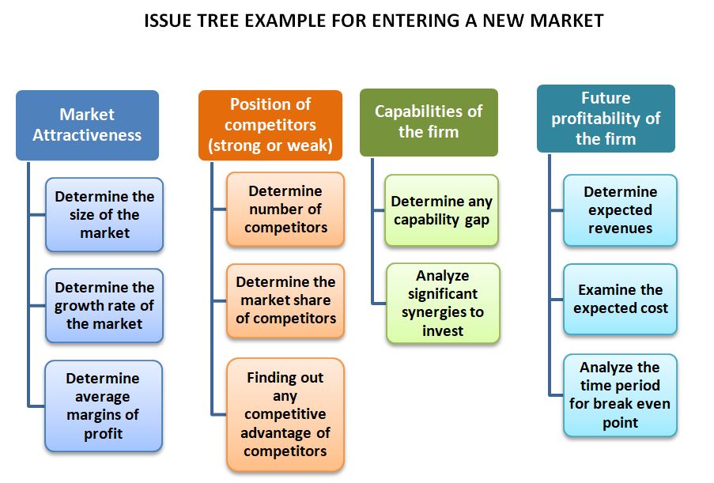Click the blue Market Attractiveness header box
click(88, 125)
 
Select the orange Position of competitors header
click(270, 125)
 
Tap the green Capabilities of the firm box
click(429, 123)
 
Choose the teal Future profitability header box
click(606, 119)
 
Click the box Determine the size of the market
click(104, 214)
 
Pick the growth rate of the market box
click(104, 305)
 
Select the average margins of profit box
click(104, 406)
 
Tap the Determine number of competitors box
click(285, 209)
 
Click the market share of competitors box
click(285, 300)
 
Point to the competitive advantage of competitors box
click(285, 414)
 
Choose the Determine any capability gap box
click(442, 210)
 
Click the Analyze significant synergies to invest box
click(443, 304)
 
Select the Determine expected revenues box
click(620, 209)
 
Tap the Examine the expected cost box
click(620, 299)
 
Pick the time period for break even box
click(620, 395)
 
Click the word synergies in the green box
click(443, 312)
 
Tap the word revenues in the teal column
click(620, 228)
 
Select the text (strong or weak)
click(270, 145)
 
